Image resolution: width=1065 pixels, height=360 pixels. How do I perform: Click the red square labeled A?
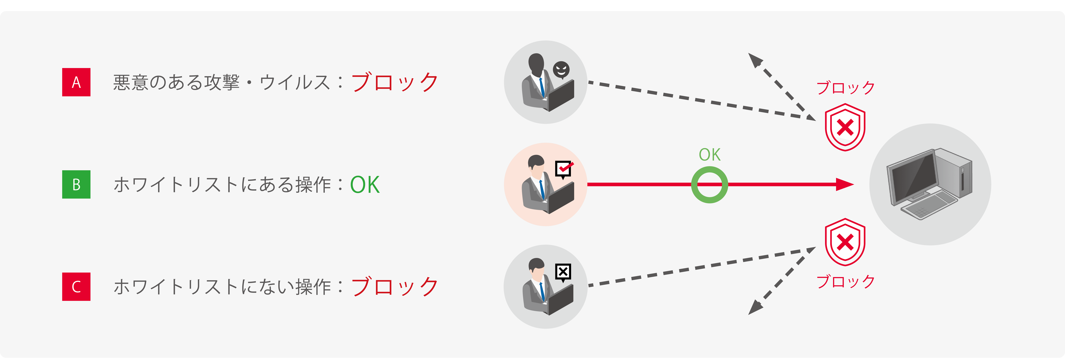[76, 82]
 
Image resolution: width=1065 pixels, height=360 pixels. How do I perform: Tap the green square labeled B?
[76, 184]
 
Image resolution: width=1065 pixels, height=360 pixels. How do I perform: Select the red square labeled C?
[76, 286]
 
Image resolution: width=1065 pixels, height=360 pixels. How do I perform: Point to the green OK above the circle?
[709, 155]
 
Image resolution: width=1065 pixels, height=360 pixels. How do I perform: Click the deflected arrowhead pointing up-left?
[755, 60]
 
